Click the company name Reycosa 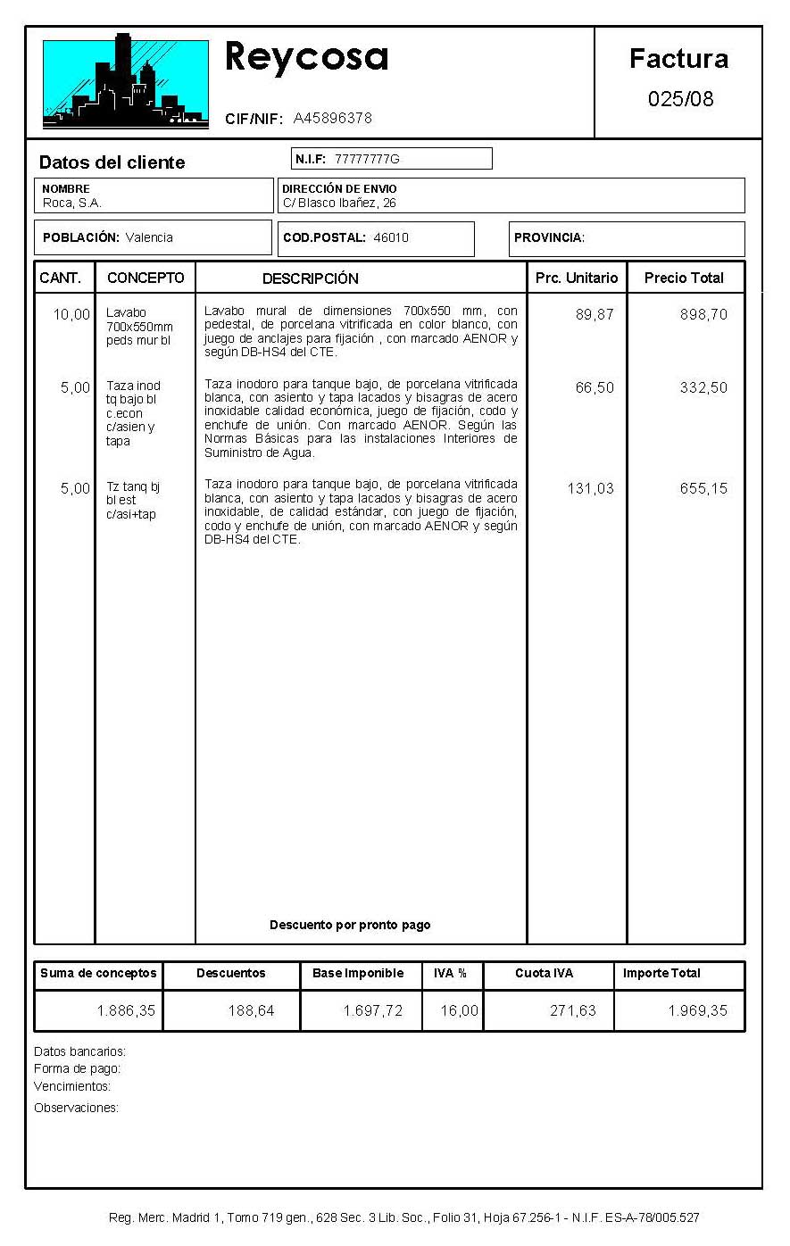(x=306, y=57)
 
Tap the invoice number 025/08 (x=680, y=99)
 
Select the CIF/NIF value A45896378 (x=332, y=119)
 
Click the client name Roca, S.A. (x=72, y=203)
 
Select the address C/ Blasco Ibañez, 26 (x=339, y=203)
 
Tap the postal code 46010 (x=391, y=237)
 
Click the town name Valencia (x=149, y=237)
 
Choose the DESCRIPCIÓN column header (x=311, y=278)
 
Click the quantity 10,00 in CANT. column (x=71, y=314)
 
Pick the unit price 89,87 (x=595, y=314)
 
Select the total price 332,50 (x=703, y=387)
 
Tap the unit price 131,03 (x=590, y=488)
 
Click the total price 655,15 (x=703, y=488)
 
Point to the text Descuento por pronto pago (x=350, y=925)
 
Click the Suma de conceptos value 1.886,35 (x=126, y=1011)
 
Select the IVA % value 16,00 (x=460, y=1011)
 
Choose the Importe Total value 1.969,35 (x=697, y=1011)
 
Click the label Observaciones (x=76, y=1108)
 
